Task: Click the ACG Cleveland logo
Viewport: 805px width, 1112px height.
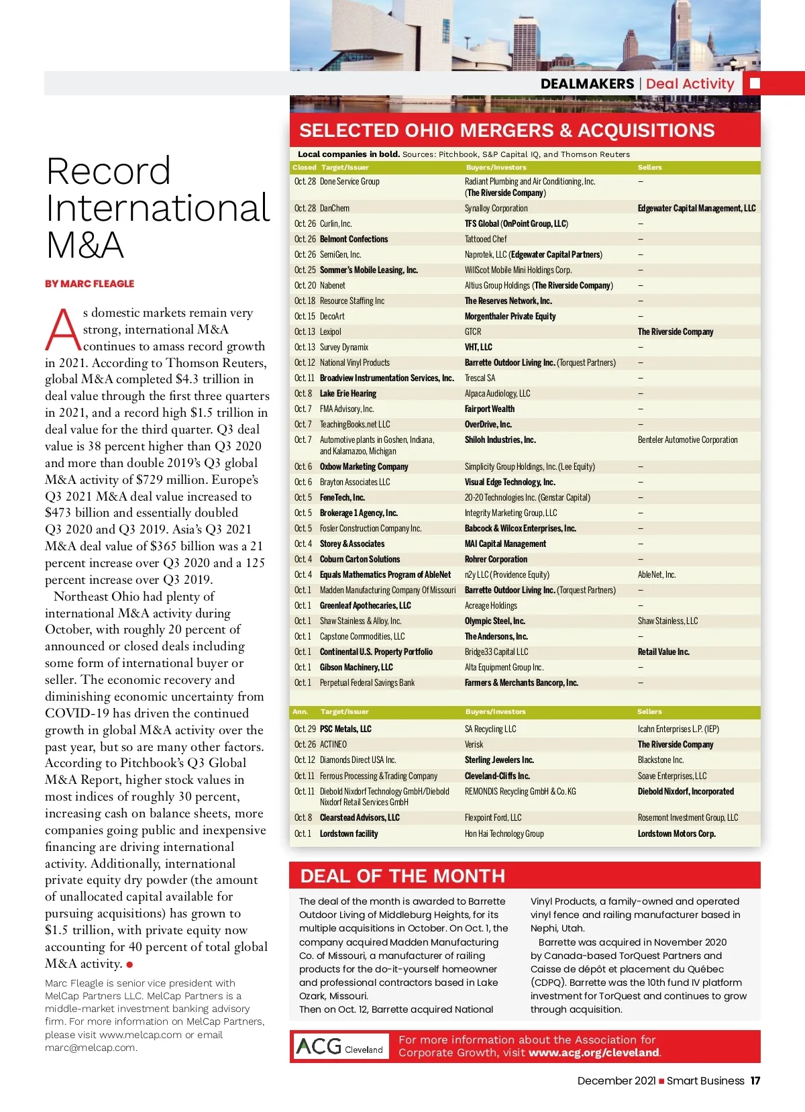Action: tap(341, 1046)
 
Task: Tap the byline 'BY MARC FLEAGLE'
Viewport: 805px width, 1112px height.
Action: tap(90, 284)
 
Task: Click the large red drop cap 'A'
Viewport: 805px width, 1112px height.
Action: tap(63, 330)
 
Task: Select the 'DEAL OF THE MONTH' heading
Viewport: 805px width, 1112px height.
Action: tap(402, 876)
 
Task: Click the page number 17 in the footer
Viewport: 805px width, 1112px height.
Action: tap(755, 1080)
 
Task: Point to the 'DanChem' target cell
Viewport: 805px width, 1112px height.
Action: tap(335, 209)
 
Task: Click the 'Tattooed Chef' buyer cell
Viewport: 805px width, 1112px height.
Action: tap(486, 240)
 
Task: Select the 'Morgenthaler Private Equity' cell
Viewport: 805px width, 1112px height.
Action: tap(510, 317)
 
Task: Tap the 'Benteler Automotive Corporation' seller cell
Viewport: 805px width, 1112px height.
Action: tap(688, 440)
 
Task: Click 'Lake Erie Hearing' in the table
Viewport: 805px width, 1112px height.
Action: tap(348, 394)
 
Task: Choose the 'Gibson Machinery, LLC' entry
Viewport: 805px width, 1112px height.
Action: tap(356, 668)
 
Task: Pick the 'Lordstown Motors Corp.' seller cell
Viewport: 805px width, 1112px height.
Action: tap(676, 834)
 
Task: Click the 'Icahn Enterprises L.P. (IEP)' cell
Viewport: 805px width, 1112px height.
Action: tap(678, 729)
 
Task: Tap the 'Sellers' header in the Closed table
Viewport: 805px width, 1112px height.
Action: tap(649, 168)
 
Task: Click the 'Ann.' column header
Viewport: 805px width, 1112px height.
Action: tap(300, 712)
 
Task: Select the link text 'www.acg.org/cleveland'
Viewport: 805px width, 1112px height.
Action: tap(594, 1052)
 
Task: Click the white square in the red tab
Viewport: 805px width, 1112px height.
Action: tap(755, 83)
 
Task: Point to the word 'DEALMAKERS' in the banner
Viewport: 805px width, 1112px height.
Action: tap(587, 84)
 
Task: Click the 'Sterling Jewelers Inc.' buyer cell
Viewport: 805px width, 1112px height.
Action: tap(499, 760)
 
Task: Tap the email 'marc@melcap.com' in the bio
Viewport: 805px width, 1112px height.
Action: tap(91, 1048)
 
